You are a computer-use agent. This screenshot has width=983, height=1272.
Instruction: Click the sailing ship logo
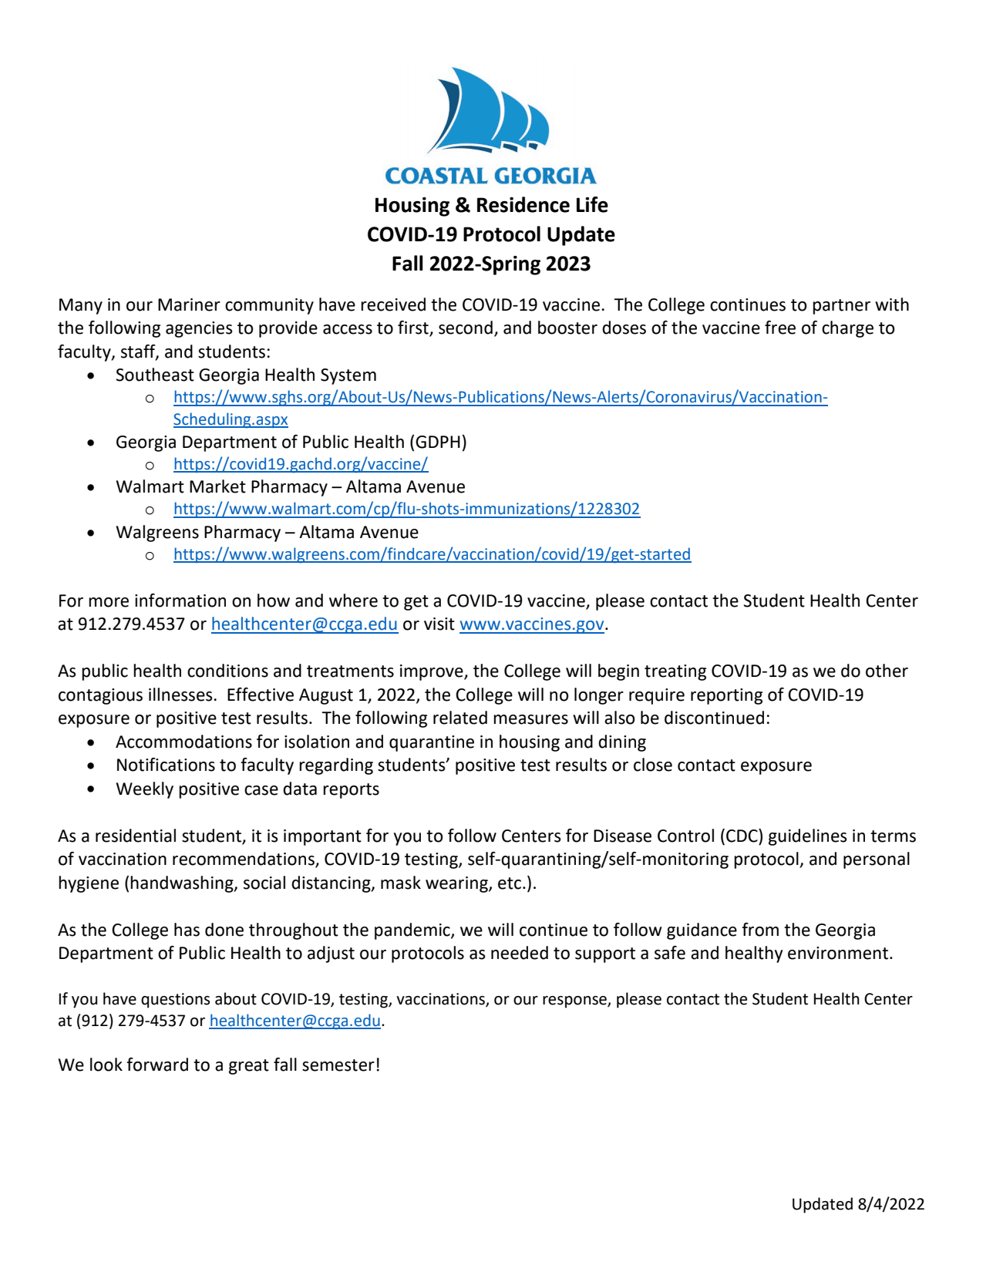click(x=490, y=110)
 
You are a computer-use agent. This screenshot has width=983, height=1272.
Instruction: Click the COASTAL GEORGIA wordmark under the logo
click(x=490, y=177)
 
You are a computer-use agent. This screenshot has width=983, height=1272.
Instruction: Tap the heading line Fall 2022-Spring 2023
click(x=490, y=264)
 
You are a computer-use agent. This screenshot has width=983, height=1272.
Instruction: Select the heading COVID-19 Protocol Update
click(x=490, y=234)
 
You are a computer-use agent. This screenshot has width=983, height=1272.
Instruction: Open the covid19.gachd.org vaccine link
click(x=300, y=464)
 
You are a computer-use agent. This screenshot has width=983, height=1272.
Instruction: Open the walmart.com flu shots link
click(x=406, y=509)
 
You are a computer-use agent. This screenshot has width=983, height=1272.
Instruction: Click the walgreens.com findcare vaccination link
click(x=432, y=554)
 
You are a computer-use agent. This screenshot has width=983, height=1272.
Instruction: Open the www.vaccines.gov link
click(x=531, y=624)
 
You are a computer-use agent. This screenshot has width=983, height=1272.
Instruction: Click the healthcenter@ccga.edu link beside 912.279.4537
click(x=305, y=624)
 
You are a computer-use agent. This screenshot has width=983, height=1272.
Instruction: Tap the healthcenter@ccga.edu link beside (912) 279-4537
click(x=295, y=1021)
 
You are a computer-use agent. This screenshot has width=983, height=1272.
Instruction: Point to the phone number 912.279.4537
click(x=131, y=624)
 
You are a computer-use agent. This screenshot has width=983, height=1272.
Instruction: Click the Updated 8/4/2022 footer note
click(x=857, y=1204)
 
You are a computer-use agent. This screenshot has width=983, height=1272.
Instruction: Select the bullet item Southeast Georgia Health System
click(x=246, y=375)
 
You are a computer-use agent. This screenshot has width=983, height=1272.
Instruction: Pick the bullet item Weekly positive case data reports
click(x=247, y=789)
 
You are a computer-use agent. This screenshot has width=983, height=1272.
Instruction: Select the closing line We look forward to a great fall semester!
click(x=219, y=1065)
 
